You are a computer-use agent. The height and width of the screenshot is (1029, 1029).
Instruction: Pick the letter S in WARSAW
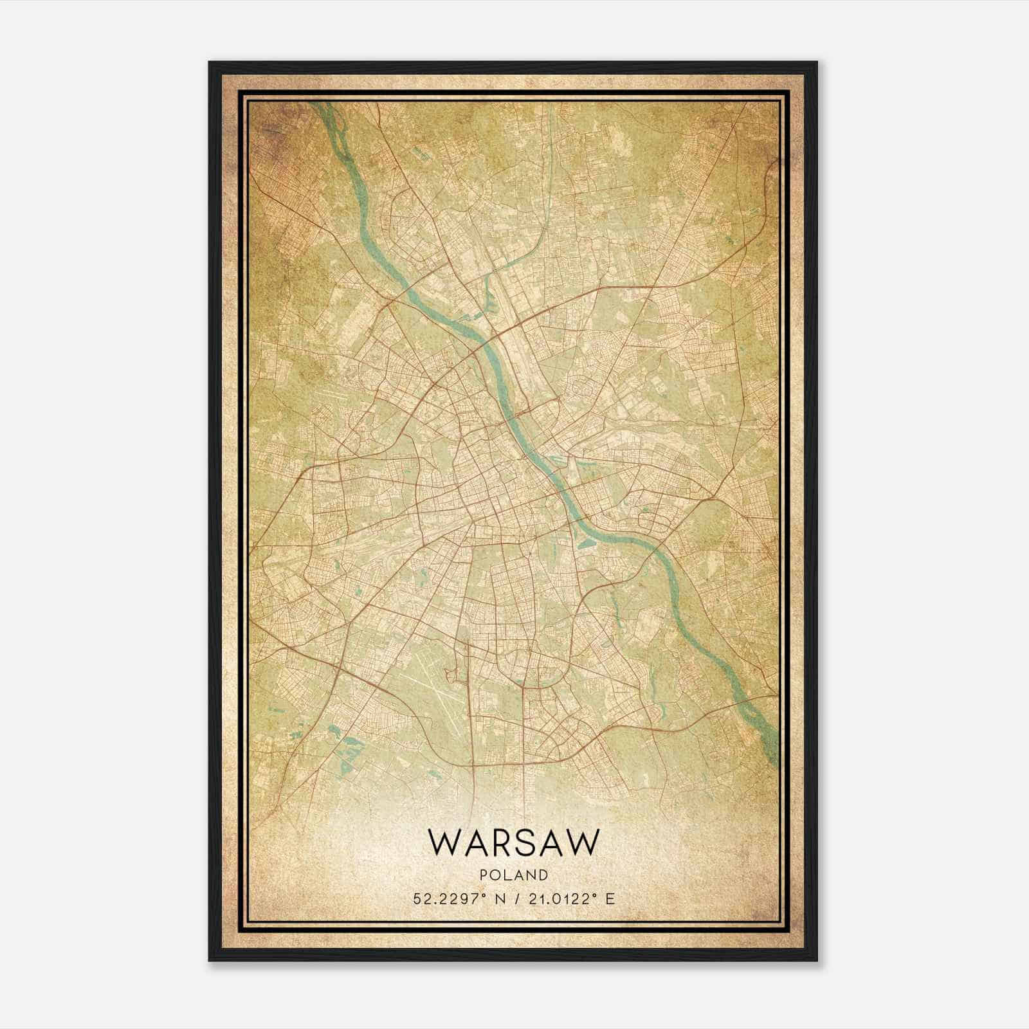524,842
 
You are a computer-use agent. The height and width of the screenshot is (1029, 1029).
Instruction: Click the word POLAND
514,875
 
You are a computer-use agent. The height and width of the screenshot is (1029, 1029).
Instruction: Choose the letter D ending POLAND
543,875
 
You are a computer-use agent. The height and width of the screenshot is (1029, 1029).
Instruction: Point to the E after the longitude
610,898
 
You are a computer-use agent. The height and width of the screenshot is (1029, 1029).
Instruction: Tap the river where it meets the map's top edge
319,104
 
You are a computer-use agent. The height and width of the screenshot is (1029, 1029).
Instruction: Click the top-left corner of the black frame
210,62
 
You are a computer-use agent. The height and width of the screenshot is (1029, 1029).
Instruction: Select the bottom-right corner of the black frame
817,961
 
